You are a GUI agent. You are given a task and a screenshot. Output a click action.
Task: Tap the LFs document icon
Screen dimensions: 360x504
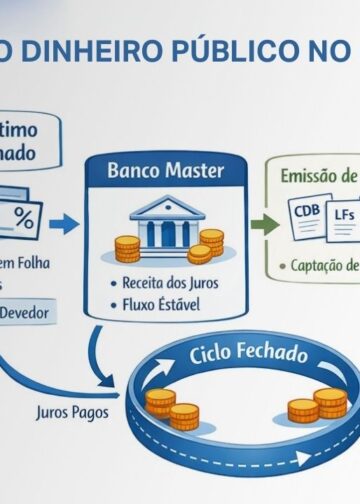tap(342, 214)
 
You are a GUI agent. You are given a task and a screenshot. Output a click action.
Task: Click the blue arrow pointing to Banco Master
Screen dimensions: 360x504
tap(66, 224)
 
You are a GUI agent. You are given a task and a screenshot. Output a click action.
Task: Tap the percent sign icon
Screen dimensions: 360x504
tap(21, 219)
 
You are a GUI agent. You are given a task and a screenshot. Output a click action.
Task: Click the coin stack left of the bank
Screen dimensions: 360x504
tap(126, 248)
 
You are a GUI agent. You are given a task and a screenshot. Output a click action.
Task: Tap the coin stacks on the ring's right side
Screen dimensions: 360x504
tap(318, 404)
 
